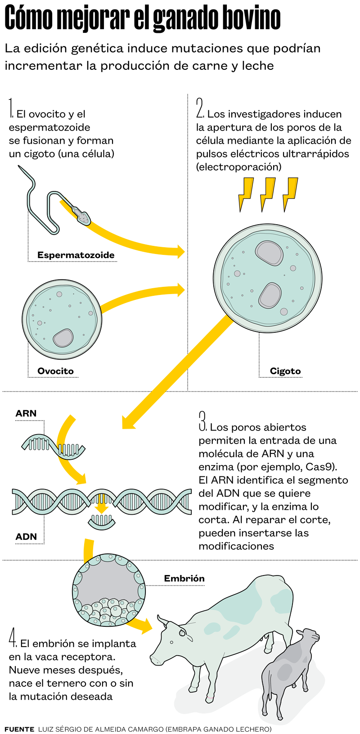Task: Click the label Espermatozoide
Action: pos(76,255)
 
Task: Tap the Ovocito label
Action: pos(55,371)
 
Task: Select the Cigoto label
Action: pos(285,371)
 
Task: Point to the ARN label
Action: pos(26,413)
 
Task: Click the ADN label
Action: pos(26,537)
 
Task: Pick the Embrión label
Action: pos(184,578)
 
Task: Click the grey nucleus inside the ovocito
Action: pos(63,338)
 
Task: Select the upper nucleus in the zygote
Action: pos(269,253)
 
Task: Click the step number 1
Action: pos(11,109)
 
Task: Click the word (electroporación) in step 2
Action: pos(238,167)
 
